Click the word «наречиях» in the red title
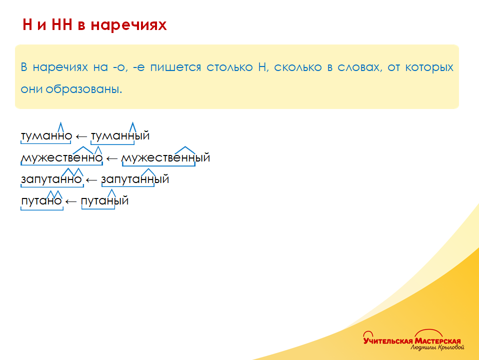[x=128, y=25]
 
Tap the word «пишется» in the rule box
[x=175, y=67]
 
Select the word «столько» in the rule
[x=229, y=67]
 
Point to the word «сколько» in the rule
[x=298, y=67]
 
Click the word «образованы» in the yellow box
[x=83, y=89]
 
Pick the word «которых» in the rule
[x=429, y=67]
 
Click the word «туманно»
[x=46, y=135]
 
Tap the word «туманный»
[x=120, y=135]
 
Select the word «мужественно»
[x=62, y=157]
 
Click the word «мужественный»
[x=166, y=157]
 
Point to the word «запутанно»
[x=51, y=179]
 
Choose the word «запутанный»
[x=135, y=179]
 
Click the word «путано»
[x=41, y=201]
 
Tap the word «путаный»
[x=105, y=201]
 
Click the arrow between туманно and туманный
[x=81, y=136]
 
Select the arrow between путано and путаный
[x=71, y=201]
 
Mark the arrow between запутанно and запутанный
[x=91, y=180]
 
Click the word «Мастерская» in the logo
[x=437, y=341]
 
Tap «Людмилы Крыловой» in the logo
[x=437, y=347]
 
